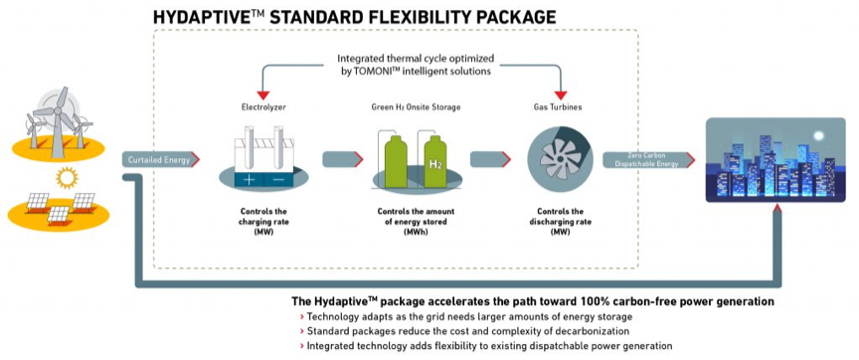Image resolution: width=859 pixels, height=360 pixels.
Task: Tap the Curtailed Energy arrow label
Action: (160, 159)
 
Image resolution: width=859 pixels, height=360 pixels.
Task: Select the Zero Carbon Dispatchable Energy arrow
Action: (648, 159)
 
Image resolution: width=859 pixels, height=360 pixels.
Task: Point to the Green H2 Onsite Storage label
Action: (416, 107)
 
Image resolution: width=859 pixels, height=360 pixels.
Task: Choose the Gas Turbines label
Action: (558, 107)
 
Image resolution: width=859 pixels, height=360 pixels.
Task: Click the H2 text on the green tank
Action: (436, 165)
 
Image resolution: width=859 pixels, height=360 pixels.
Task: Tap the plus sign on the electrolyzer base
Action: (249, 179)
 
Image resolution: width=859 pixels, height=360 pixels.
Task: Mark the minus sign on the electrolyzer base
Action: (278, 179)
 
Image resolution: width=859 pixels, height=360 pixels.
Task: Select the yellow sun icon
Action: (68, 178)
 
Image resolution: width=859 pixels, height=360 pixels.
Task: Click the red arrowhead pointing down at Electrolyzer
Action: (264, 95)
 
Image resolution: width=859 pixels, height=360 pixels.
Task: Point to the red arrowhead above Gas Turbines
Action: (561, 95)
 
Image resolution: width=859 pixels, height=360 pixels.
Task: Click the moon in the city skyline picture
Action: (818, 135)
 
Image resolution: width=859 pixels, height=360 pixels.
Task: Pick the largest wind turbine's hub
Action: (57, 110)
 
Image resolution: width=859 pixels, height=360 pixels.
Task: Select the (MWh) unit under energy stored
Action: (416, 232)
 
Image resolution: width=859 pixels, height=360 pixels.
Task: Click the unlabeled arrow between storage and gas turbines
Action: (490, 159)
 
